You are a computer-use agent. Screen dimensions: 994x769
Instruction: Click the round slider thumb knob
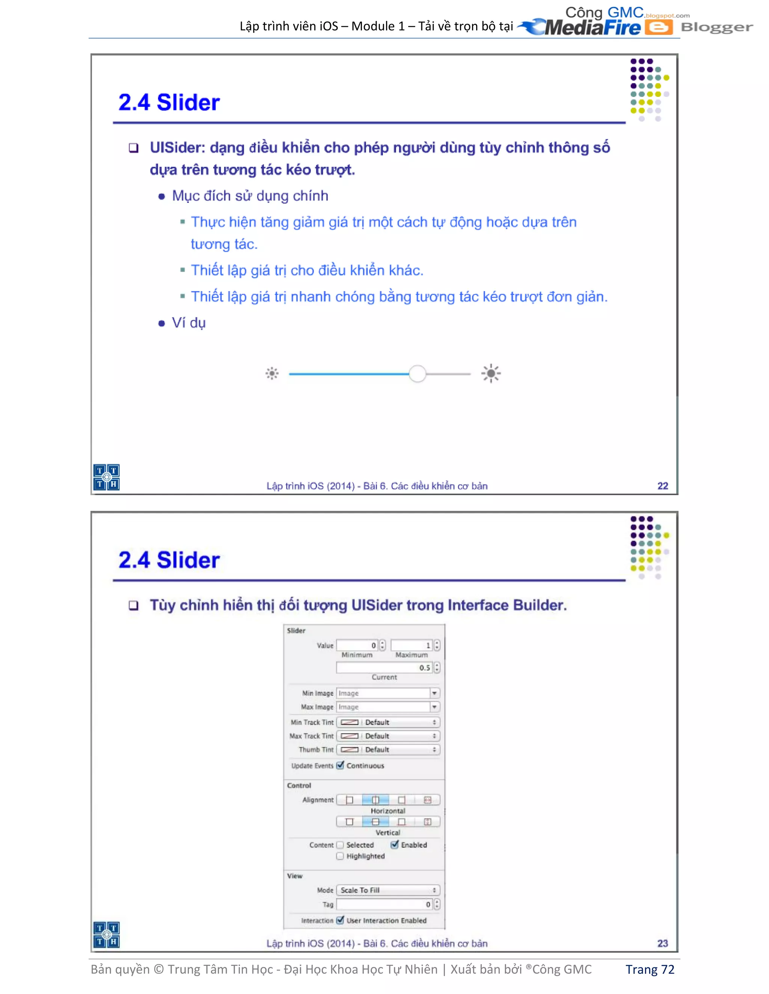417,374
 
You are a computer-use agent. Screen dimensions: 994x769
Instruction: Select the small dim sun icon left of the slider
272,374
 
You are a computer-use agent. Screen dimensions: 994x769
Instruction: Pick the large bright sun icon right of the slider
491,374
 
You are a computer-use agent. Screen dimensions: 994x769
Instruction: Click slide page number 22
662,486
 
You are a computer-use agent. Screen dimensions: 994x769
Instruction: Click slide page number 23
662,943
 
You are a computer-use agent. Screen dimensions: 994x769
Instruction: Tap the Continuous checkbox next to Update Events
340,765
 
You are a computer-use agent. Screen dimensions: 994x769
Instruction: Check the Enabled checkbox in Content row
395,845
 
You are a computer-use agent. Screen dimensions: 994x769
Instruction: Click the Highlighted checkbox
340,856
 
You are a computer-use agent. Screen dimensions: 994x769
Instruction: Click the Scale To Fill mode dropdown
388,890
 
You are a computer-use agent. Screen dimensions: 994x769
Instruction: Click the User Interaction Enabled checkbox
340,920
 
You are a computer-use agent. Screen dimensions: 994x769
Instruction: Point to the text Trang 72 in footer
649,969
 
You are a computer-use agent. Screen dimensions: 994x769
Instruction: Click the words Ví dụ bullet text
188,323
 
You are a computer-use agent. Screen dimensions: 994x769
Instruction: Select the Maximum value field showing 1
412,646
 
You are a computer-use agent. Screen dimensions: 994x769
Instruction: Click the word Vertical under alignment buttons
388,832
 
